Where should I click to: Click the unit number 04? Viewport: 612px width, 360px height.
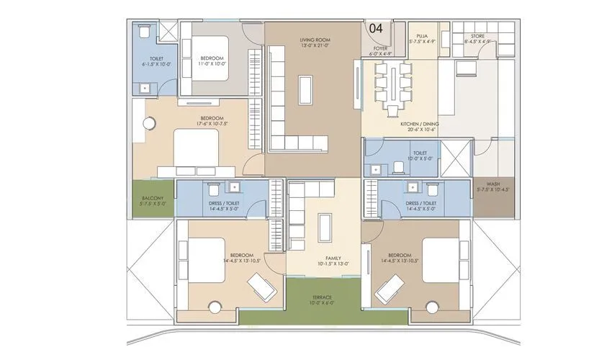click(x=375, y=27)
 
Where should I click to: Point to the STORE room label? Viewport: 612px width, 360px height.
click(x=477, y=36)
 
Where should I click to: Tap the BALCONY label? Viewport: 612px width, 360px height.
click(x=152, y=198)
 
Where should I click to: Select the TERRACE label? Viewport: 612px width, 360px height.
click(x=322, y=297)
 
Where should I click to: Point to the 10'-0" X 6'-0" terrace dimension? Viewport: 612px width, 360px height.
click(x=322, y=303)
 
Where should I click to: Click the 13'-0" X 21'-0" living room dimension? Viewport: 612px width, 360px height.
click(x=315, y=45)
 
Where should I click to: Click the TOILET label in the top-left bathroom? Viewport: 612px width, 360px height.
click(x=156, y=58)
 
